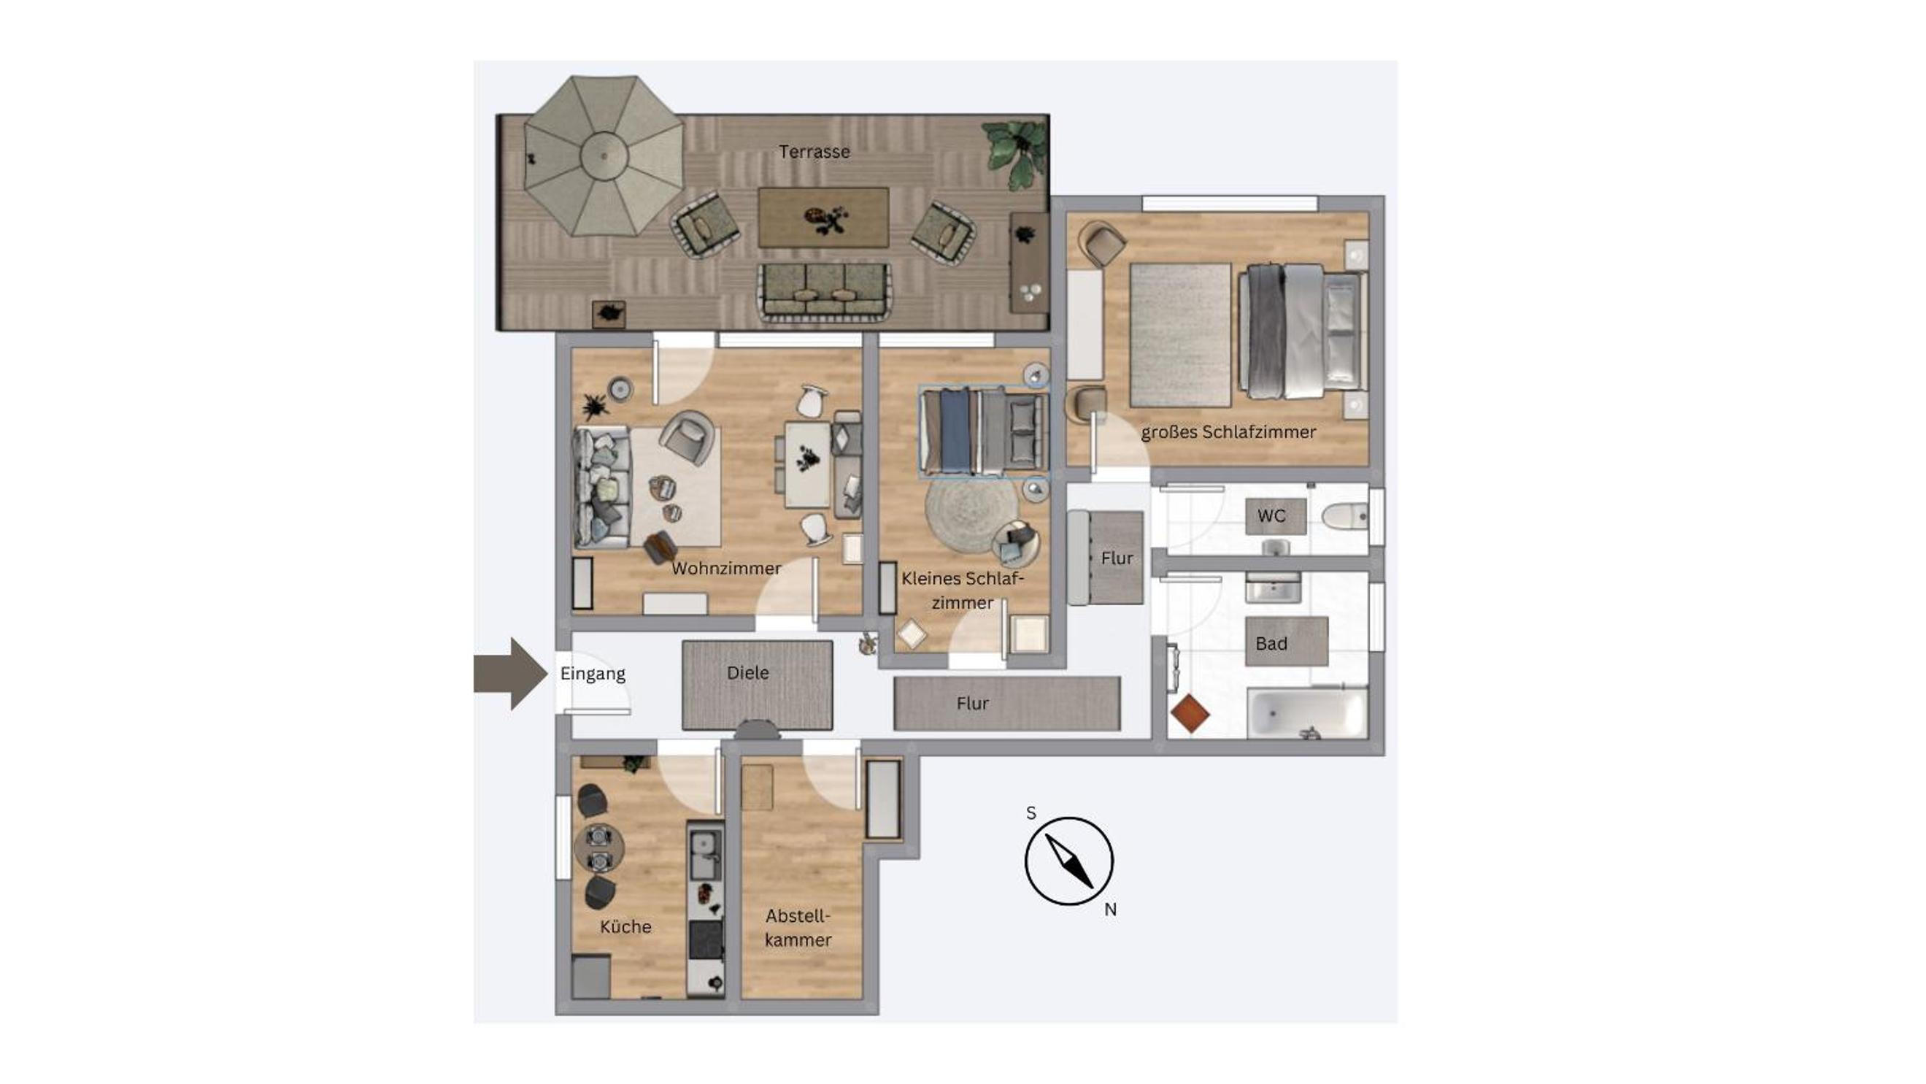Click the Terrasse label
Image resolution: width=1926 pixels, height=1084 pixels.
click(814, 152)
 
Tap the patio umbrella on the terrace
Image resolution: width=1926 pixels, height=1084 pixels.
click(604, 155)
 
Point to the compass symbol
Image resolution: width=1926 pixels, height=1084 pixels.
click(1069, 861)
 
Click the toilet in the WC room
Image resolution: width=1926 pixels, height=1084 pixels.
click(1344, 516)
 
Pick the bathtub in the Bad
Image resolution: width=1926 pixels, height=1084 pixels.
click(1307, 714)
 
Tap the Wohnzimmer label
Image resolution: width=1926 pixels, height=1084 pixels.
click(726, 568)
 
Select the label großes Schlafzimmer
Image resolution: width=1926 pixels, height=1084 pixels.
click(1228, 432)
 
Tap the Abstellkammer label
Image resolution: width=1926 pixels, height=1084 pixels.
click(798, 928)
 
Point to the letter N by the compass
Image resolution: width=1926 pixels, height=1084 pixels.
click(1110, 910)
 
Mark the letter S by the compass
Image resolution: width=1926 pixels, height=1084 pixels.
click(1031, 813)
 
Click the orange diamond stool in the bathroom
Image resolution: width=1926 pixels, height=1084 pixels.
click(1190, 714)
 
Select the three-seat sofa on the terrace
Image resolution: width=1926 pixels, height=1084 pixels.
click(823, 292)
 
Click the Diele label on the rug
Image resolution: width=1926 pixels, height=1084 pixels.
click(747, 673)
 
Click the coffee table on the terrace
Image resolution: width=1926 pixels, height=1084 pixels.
click(823, 218)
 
